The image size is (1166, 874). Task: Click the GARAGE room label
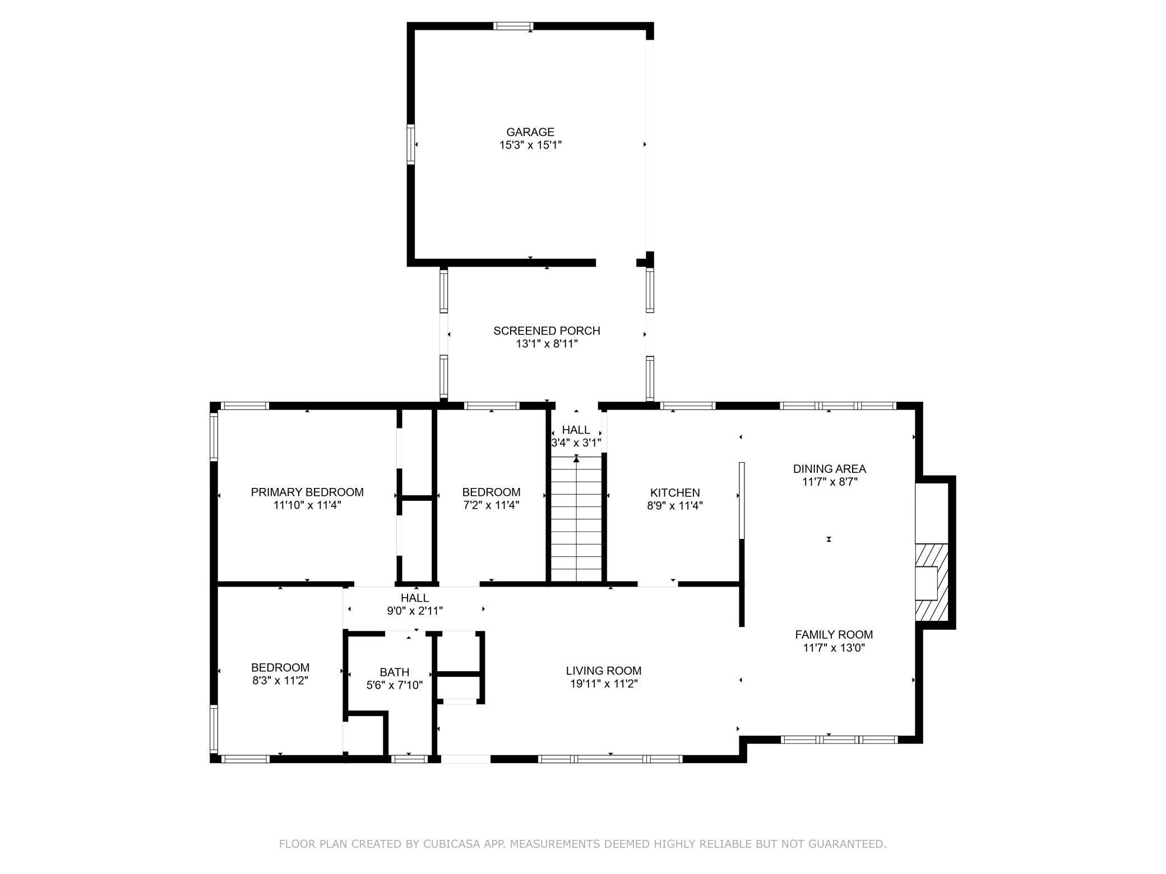pos(530,132)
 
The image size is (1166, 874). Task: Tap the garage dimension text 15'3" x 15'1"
pos(530,145)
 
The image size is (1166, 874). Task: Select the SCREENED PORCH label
pos(547,331)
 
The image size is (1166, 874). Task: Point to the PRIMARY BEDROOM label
pos(307,492)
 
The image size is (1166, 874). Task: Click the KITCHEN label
pos(675,493)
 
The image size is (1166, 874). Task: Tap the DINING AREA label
pos(830,469)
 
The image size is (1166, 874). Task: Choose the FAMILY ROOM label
pos(834,635)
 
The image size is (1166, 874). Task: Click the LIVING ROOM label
pos(604,671)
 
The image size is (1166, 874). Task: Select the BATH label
pos(395,672)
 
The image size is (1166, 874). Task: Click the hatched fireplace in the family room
pos(932,583)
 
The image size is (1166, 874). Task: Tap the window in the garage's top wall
pos(513,26)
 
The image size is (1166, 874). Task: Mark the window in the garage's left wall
pos(411,145)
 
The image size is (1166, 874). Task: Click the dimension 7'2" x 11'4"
pos(491,505)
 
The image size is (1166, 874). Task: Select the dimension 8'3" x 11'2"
pos(280,681)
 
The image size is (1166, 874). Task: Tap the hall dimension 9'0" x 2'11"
pos(415,611)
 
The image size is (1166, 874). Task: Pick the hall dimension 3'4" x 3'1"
pos(576,443)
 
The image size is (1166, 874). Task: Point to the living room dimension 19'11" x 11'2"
pos(604,684)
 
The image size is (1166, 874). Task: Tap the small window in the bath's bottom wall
pos(409,759)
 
